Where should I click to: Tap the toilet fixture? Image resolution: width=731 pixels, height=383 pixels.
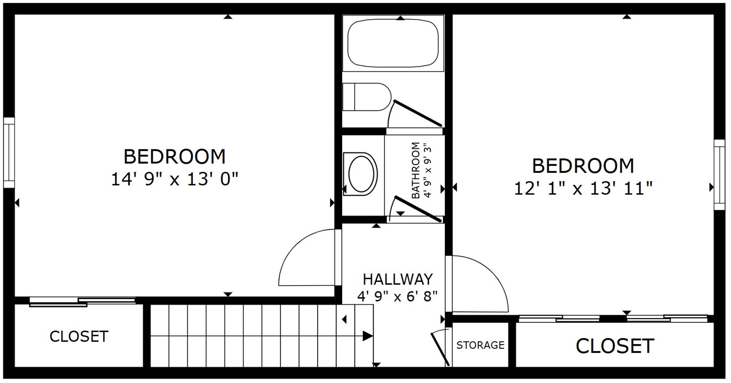coord(367,97)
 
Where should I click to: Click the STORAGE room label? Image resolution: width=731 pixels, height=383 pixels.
coord(480,345)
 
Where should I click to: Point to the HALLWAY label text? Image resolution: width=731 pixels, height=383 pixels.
coord(397,279)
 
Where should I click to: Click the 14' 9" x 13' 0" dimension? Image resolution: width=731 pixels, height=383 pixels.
coord(174,179)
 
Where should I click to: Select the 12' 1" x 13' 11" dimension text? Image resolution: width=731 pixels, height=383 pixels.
coord(583,188)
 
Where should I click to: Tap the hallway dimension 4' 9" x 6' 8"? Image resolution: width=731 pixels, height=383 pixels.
coord(397,296)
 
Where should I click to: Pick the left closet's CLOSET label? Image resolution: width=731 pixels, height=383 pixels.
coord(79,336)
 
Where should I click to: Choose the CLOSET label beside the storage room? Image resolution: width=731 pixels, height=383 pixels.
coord(614,346)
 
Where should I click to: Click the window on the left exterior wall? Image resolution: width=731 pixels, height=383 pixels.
coord(9,152)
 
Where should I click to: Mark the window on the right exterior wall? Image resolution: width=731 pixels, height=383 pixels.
coord(719,175)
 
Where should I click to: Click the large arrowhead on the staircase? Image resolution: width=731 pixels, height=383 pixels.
coord(367,336)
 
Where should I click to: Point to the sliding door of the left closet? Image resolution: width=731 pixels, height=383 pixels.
coord(83,301)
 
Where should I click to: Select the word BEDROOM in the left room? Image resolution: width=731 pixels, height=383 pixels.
coord(175,156)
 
